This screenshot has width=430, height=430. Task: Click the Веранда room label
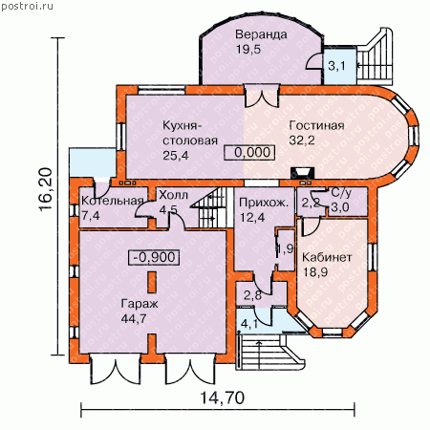261,34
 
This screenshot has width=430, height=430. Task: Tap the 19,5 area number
248,49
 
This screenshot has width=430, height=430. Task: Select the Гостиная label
316,125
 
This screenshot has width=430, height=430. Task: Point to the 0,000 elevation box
249,153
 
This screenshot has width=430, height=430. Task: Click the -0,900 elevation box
154,257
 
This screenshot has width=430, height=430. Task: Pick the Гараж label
140,304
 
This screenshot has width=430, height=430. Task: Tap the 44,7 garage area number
134,318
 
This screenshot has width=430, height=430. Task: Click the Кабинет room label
327,257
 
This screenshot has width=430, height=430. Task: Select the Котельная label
112,201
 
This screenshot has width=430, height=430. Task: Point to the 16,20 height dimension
46,188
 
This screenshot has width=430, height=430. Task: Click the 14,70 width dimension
223,398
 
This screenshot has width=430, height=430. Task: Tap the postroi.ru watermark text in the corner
27,6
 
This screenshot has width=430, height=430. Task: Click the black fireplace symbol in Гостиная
302,173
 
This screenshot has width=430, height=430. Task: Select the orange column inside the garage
152,282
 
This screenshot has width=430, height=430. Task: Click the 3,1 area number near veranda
336,66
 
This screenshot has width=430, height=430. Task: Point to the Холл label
173,195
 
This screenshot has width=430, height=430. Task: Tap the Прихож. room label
264,203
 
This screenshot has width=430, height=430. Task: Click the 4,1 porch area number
249,324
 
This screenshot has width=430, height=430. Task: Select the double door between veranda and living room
262,96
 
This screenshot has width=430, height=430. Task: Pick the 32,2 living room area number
302,140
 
